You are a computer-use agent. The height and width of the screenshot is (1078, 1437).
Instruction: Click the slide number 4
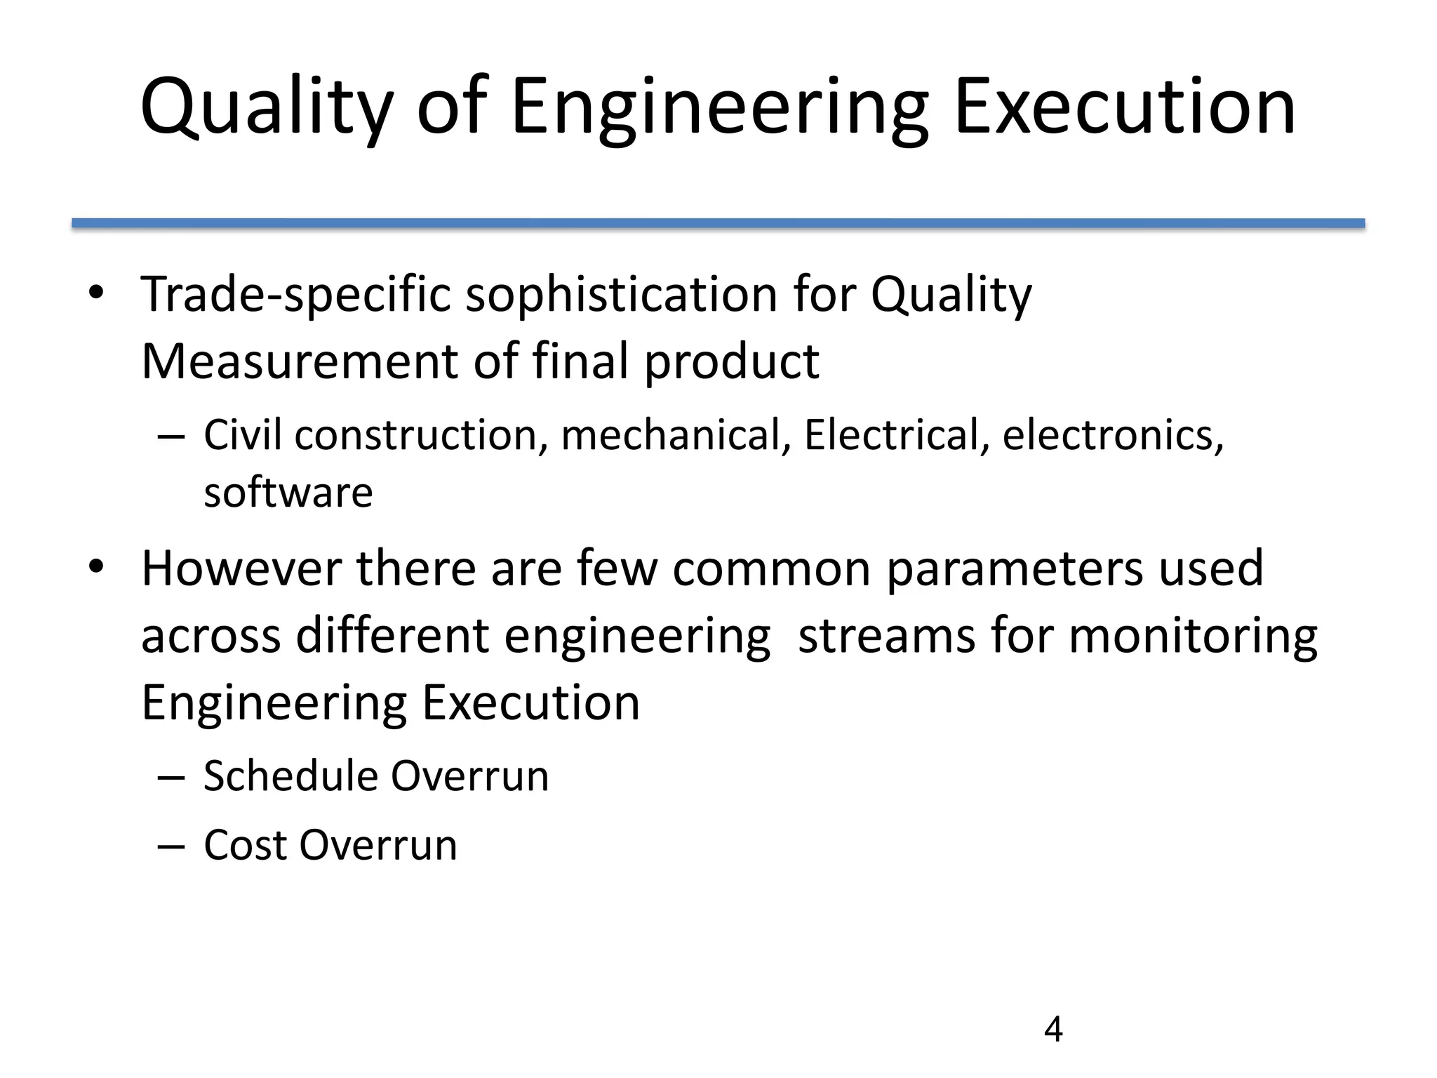click(1053, 1030)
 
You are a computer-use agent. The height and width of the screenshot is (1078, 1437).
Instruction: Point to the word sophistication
click(622, 295)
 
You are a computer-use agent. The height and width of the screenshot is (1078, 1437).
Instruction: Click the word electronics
click(1113, 436)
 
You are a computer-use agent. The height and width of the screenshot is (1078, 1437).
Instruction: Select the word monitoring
click(1193, 637)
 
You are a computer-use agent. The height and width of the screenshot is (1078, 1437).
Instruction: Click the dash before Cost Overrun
click(171, 846)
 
